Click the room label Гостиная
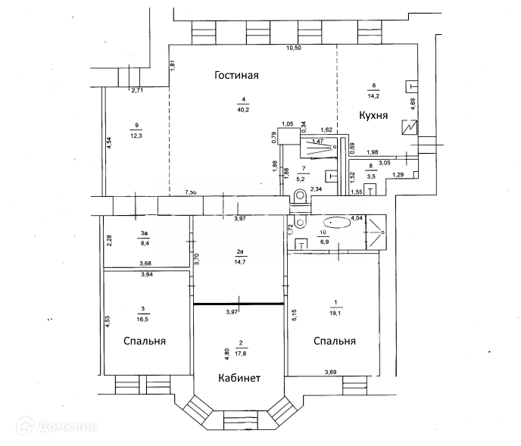pyautogui.click(x=236, y=75)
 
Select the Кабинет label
pyautogui.click(x=239, y=378)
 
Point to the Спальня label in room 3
pyautogui.click(x=145, y=341)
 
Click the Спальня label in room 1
pyautogui.click(x=334, y=341)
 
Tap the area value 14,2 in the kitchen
pyautogui.click(x=373, y=95)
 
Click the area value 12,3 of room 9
pyautogui.click(x=136, y=136)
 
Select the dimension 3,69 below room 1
pyautogui.click(x=331, y=372)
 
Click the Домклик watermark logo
pyautogui.click(x=56, y=428)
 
